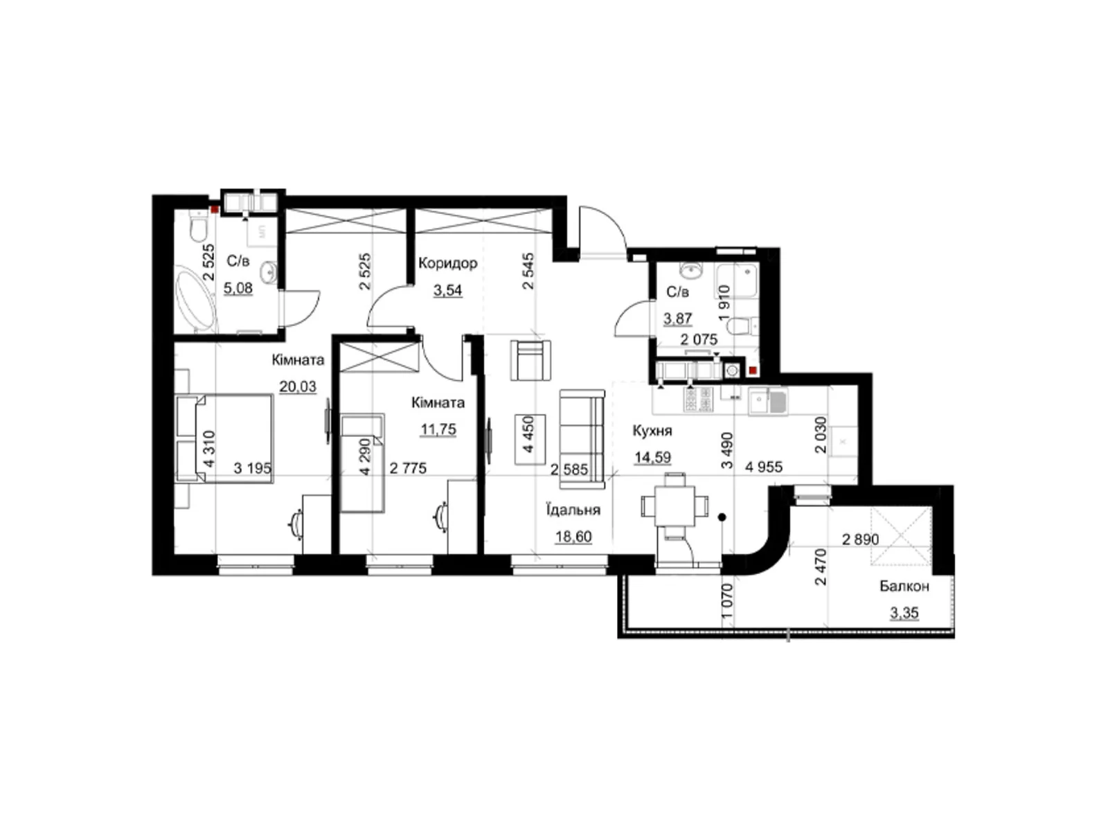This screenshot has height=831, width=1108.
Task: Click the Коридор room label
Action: [x=447, y=263]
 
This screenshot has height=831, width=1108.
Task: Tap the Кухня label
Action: [x=652, y=430]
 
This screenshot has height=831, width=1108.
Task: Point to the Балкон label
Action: [x=904, y=586]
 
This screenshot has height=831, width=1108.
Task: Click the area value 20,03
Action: [x=298, y=386]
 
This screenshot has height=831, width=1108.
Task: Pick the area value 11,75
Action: [x=438, y=429]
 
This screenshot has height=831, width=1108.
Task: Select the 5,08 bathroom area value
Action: [x=238, y=288]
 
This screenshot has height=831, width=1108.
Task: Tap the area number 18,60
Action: [x=573, y=536]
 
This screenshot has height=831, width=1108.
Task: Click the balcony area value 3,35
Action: [x=904, y=613]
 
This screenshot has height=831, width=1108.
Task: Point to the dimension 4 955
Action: [x=764, y=467]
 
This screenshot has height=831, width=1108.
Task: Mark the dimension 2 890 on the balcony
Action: [x=861, y=539]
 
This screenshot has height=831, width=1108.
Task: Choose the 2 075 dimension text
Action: [x=699, y=339]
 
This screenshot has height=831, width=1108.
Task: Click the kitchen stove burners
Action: [x=697, y=399]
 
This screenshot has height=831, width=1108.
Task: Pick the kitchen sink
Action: [x=767, y=401]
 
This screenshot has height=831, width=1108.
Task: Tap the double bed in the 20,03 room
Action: [x=224, y=438]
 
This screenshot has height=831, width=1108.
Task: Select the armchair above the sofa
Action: [x=530, y=360]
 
